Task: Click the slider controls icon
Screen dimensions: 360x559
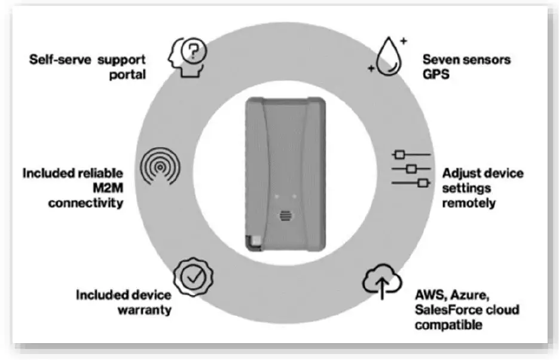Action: tap(411, 169)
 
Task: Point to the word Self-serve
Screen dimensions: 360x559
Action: tap(59, 60)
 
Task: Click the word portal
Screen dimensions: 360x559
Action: tap(129, 74)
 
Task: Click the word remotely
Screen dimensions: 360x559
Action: tap(468, 203)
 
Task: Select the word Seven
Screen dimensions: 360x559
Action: tap(442, 60)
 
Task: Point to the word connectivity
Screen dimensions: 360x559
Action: tap(86, 203)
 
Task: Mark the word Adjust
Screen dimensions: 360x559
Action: tap(462, 173)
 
